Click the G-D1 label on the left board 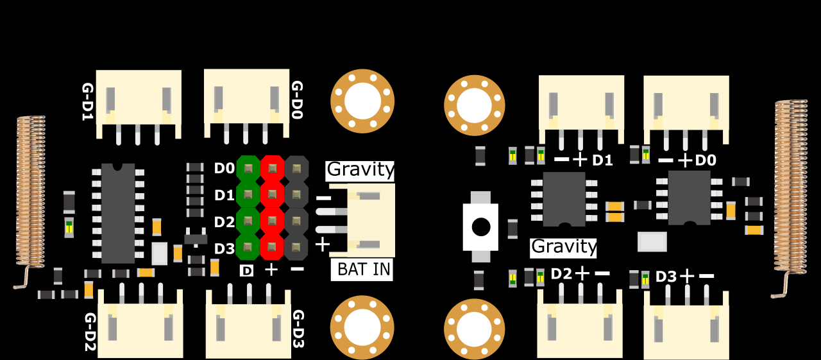click(x=88, y=101)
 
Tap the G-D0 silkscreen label click(x=297, y=100)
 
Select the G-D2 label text click(x=90, y=332)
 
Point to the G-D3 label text click(x=299, y=329)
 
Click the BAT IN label click(x=363, y=270)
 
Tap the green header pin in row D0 click(x=248, y=169)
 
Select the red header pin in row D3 click(x=272, y=247)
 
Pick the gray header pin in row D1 click(x=296, y=194)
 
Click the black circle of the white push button click(x=481, y=227)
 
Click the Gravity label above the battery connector click(x=360, y=170)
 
